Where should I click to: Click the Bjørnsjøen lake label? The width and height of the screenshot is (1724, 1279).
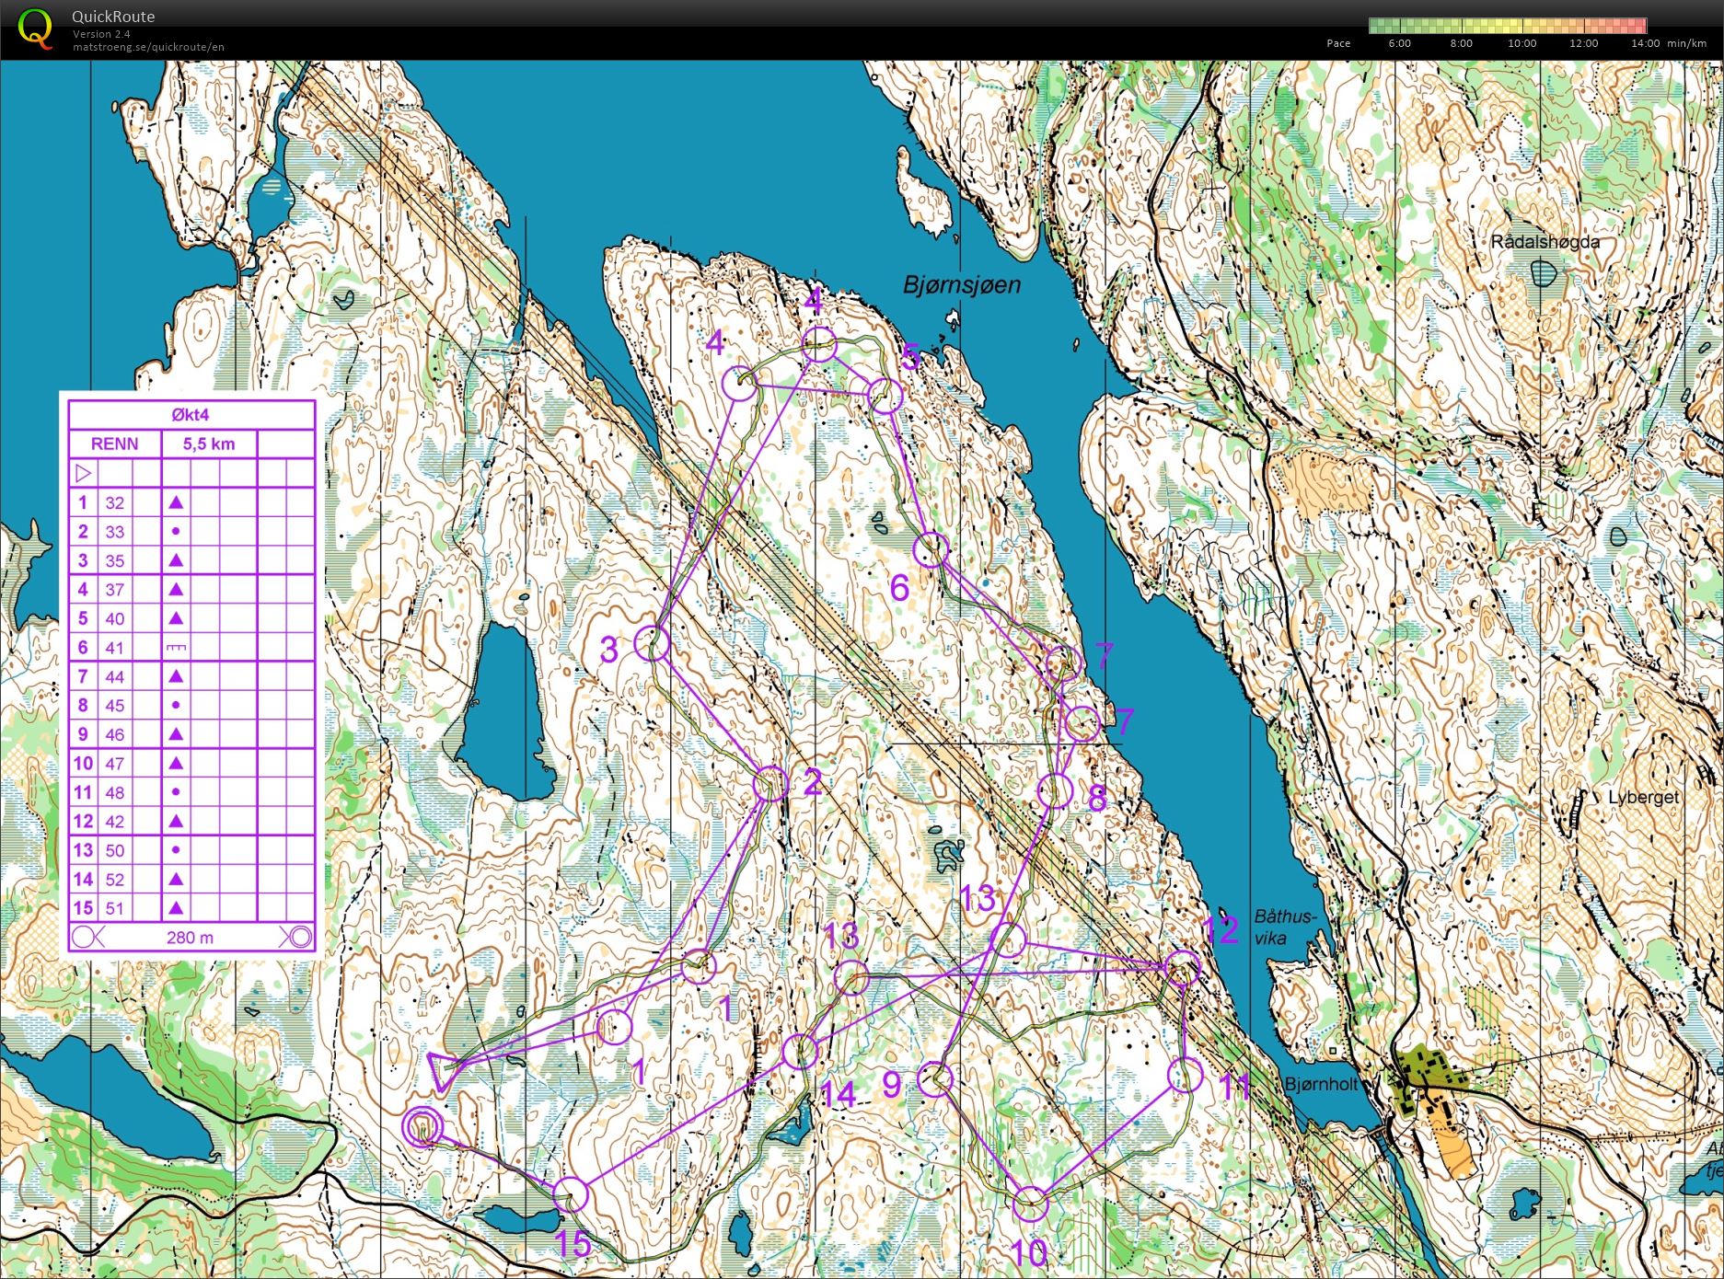962,285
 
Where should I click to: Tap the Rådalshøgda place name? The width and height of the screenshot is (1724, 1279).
1545,242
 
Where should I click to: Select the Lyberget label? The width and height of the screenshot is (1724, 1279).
1643,798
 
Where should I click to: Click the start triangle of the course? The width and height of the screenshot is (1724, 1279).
443,1071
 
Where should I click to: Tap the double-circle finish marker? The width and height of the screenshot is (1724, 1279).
422,1126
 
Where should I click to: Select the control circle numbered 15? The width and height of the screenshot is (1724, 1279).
571,1194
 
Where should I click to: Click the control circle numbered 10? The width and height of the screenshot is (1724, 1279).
1031,1204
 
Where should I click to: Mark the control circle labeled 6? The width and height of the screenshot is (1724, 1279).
931,549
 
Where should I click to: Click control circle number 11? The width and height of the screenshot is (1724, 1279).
1185,1075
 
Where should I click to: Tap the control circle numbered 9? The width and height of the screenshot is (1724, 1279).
935,1078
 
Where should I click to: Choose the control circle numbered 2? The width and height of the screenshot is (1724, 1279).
771,784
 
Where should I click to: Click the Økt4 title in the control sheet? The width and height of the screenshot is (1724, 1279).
191,415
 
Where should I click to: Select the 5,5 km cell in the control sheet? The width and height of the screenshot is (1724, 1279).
209,444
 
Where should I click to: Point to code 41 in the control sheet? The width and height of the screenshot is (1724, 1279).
114,648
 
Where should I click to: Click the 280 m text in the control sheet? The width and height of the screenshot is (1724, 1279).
190,938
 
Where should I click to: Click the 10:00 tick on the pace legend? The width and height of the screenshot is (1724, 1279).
1522,43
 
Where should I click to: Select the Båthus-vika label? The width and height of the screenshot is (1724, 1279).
1285,928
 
